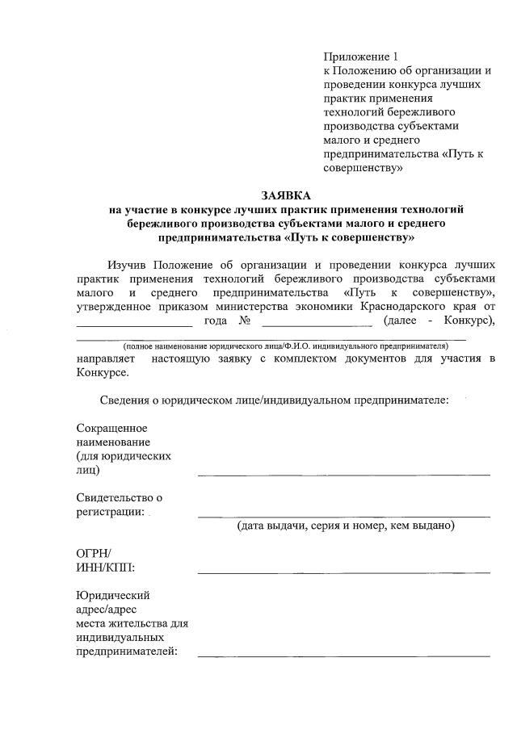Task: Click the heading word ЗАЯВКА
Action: (286, 195)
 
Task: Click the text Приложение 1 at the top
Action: (361, 57)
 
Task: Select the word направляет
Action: (107, 358)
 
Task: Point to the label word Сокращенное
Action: (111, 428)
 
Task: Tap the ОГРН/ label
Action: (92, 554)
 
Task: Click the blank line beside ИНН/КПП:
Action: (343, 572)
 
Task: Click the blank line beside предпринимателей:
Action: (343, 656)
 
